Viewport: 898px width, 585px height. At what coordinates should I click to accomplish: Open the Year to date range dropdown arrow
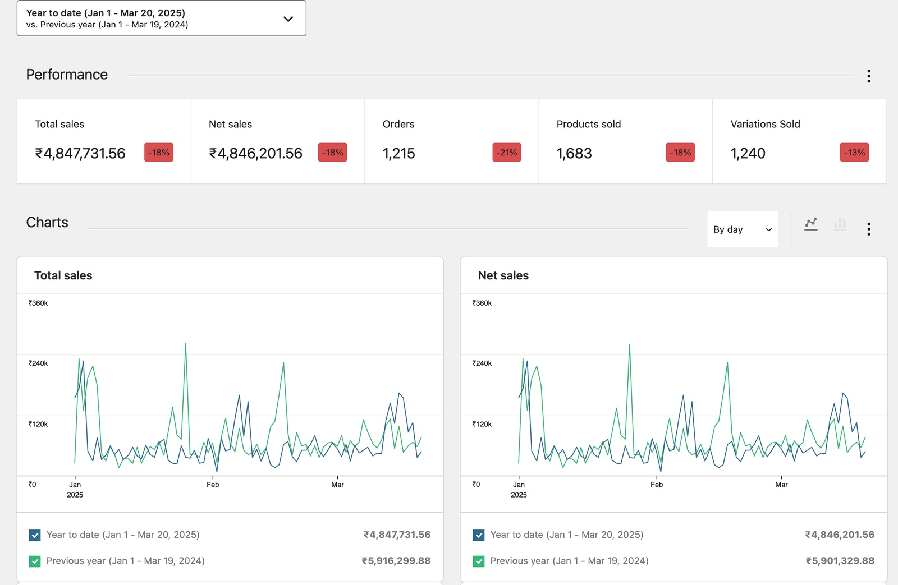(x=288, y=19)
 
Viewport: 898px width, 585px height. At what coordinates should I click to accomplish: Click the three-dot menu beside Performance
(x=868, y=76)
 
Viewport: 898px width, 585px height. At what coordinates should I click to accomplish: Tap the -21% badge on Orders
(x=506, y=153)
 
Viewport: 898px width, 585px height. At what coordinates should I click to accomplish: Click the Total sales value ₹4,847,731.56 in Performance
(x=80, y=154)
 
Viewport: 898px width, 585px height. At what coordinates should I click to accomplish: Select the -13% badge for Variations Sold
(x=854, y=153)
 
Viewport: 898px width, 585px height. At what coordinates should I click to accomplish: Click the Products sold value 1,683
(x=574, y=154)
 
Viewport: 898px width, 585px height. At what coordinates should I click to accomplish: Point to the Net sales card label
(x=230, y=124)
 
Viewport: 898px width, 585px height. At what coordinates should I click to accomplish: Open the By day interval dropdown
(x=742, y=229)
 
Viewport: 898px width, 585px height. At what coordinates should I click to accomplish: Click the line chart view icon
(x=810, y=224)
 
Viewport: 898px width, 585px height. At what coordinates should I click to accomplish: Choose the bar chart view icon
(x=840, y=224)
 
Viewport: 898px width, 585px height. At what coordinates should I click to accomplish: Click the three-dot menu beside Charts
(x=868, y=229)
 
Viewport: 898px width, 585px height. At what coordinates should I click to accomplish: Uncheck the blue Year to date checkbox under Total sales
(x=35, y=535)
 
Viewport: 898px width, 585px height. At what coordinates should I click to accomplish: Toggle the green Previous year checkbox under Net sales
(x=479, y=561)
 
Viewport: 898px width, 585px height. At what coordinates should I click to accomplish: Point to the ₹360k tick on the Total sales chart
(x=38, y=303)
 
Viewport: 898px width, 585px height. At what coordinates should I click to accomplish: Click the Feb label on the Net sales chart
(x=656, y=485)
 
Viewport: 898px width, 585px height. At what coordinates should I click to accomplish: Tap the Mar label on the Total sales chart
(x=337, y=485)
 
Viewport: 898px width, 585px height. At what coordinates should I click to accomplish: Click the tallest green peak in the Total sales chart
(x=186, y=344)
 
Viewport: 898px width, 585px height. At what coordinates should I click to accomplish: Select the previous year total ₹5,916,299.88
(x=396, y=561)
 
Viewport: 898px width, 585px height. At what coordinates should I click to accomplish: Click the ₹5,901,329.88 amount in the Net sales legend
(x=840, y=561)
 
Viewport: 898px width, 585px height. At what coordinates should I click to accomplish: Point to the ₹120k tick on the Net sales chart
(x=482, y=424)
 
